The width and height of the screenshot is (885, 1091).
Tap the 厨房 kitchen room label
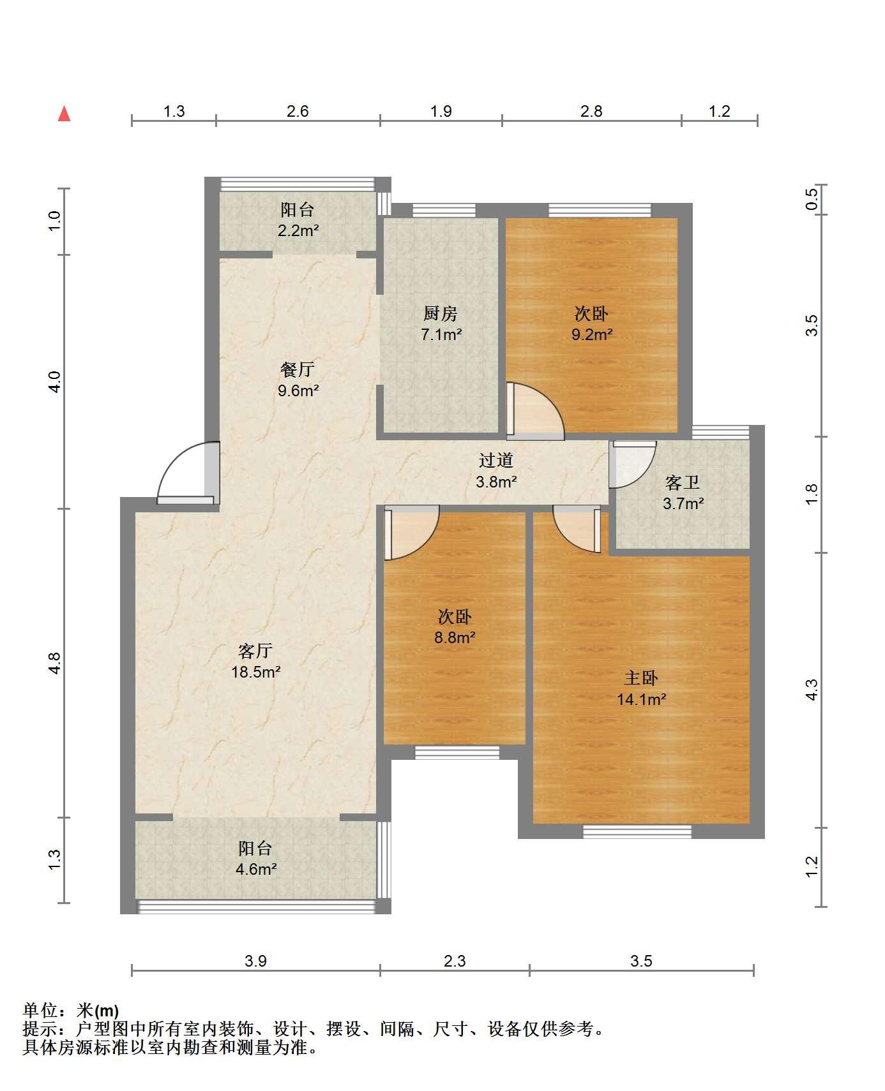[441, 313]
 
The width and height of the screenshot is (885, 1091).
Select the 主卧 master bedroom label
[641, 678]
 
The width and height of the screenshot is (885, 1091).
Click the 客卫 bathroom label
[683, 482]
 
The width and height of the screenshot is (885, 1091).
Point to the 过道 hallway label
[496, 461]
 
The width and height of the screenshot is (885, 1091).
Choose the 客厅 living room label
[255, 651]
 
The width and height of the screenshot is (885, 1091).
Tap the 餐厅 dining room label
[298, 369]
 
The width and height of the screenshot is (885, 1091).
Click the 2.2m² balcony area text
[298, 230]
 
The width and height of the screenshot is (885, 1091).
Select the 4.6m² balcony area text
[255, 869]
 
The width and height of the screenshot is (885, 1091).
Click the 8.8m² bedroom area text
[455, 637]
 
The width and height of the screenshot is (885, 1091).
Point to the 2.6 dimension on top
[298, 112]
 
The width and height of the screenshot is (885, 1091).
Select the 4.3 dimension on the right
[811, 690]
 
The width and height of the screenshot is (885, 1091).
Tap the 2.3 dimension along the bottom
[455, 961]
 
